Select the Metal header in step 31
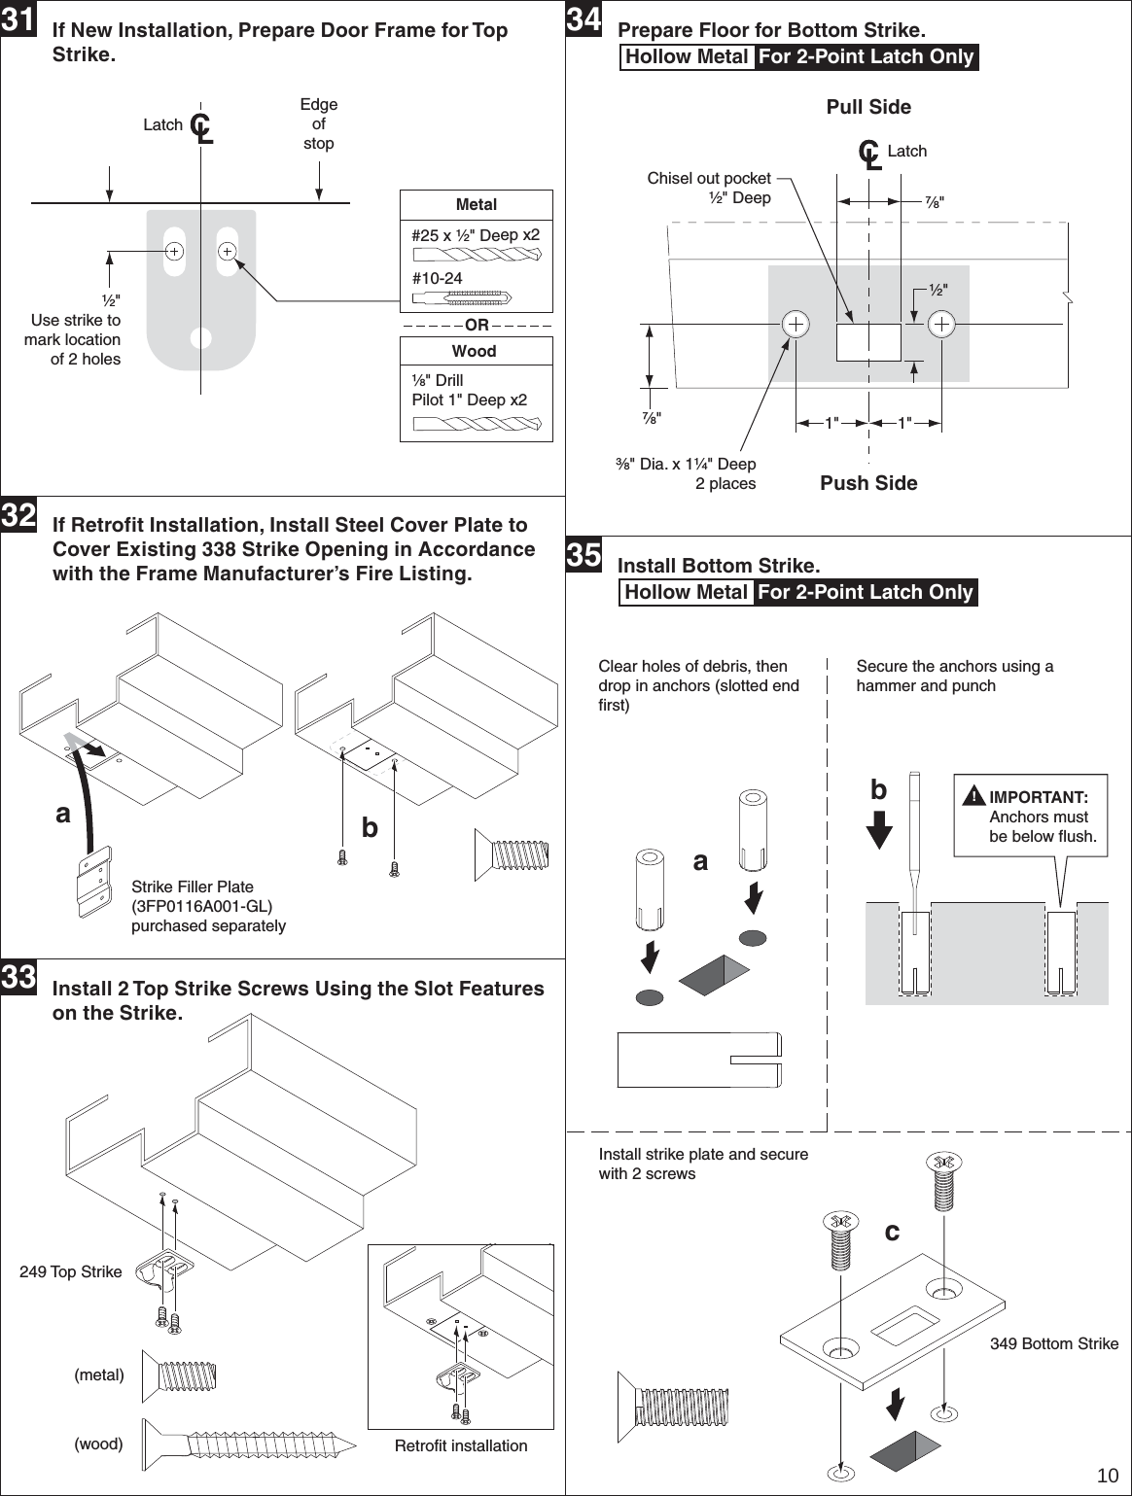476,204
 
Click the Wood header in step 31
475,351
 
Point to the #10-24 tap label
438,279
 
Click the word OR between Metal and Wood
477,325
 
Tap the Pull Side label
868,107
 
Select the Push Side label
868,483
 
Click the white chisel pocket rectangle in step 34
868,342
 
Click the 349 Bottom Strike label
1054,1343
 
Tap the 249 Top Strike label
71,1271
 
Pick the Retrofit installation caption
461,1445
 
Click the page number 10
1107,1476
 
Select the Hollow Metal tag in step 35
687,592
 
